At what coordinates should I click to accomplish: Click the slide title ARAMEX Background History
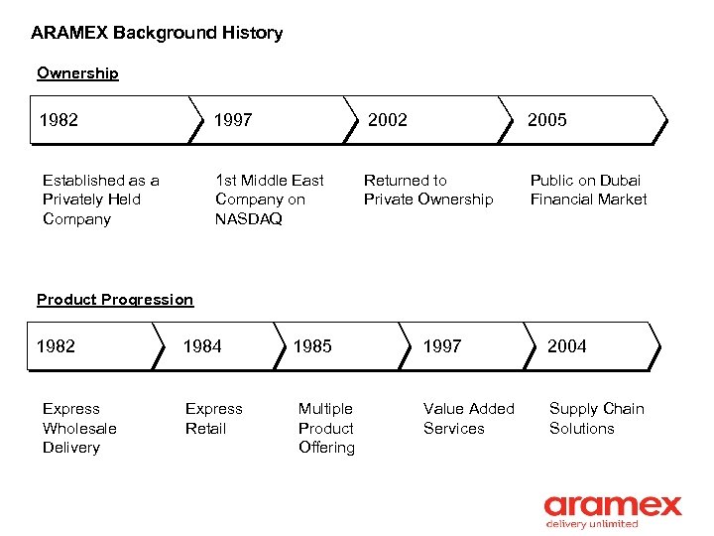pos(157,33)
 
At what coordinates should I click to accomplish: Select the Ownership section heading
pos(77,73)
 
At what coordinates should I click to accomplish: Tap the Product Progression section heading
pos(115,300)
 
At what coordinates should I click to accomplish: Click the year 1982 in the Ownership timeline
pos(59,120)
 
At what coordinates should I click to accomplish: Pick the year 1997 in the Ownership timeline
pos(233,120)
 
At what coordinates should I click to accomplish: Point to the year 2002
pos(388,120)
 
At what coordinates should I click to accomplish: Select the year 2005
pos(546,120)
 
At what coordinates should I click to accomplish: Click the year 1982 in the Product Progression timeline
pos(56,346)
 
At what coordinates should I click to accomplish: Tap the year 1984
pos(202,346)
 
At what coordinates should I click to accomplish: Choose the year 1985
pos(312,346)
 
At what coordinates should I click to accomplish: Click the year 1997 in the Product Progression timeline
pos(442,346)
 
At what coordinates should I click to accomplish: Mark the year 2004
pos(566,346)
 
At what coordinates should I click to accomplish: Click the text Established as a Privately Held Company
pos(100,200)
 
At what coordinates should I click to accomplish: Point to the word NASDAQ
pos(248,219)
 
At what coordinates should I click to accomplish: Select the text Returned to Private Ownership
pos(427,190)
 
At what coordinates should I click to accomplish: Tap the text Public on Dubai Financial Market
pos(588,190)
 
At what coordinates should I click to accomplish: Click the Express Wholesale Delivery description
pos(79,428)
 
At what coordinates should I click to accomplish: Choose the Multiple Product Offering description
pos(326,428)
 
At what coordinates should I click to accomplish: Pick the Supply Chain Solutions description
pos(596,418)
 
